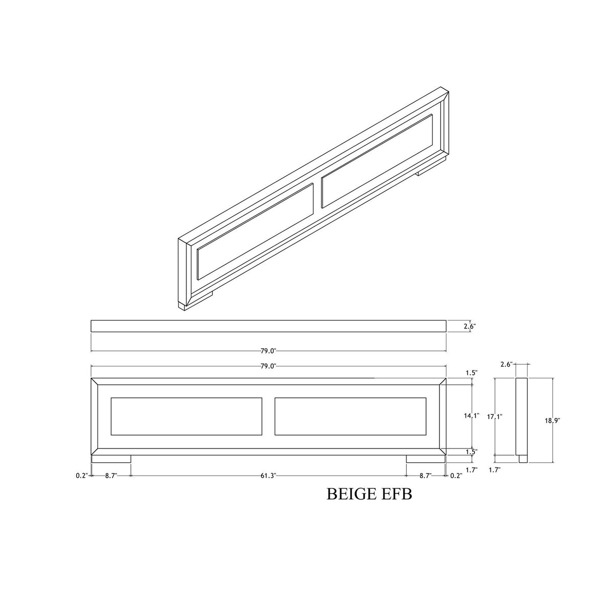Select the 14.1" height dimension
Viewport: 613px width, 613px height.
pyautogui.click(x=471, y=415)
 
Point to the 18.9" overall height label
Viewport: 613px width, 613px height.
pyautogui.click(x=552, y=420)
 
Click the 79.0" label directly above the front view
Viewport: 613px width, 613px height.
pyautogui.click(x=268, y=366)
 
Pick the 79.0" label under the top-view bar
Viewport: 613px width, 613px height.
pyautogui.click(x=268, y=351)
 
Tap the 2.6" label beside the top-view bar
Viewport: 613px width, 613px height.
pyautogui.click(x=469, y=326)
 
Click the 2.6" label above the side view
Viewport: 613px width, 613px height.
pyautogui.click(x=506, y=365)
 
